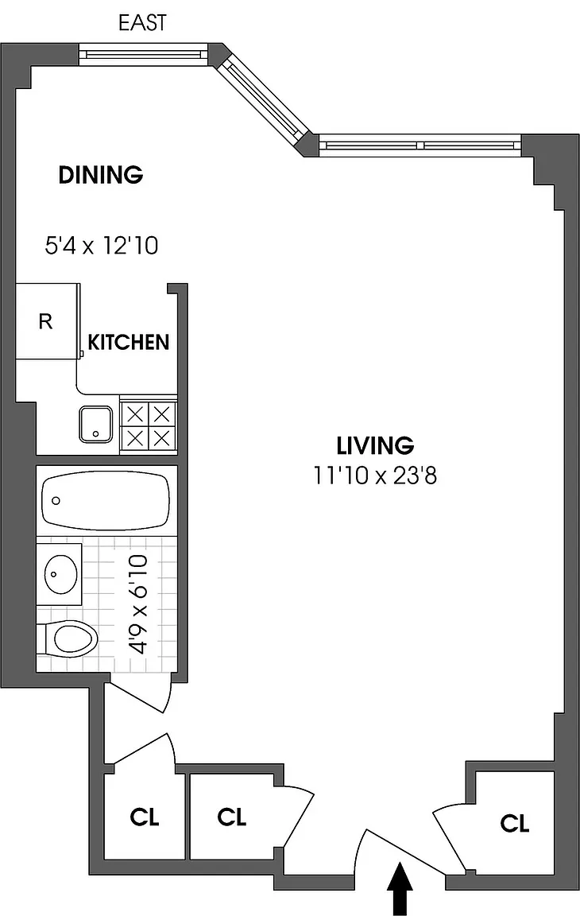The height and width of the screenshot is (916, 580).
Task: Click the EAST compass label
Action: [142, 23]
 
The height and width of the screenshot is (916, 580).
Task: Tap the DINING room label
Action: [101, 175]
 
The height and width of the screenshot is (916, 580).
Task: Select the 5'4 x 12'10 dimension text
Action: [102, 246]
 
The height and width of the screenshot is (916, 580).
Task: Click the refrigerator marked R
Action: [46, 321]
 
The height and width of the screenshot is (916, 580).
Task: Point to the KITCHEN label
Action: [129, 343]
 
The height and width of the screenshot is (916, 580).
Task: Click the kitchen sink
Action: [95, 424]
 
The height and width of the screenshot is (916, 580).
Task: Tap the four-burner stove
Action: [149, 425]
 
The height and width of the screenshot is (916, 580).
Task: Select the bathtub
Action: [106, 501]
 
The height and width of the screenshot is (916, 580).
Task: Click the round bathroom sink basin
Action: [60, 574]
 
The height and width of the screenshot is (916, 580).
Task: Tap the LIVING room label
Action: [375, 446]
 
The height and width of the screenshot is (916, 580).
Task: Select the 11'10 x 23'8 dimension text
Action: [375, 475]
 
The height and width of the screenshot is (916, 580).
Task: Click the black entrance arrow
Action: [400, 888]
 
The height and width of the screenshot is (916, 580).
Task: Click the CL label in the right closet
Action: [515, 824]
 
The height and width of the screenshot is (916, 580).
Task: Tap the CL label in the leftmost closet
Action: [144, 817]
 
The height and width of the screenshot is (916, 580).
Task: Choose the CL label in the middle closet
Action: [232, 817]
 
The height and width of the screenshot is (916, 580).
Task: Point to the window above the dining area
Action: [144, 54]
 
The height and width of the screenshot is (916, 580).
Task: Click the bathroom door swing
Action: [140, 695]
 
